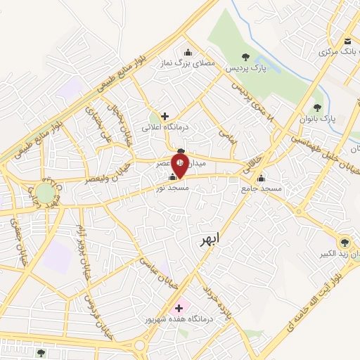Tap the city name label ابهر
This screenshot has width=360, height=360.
tap(209, 240)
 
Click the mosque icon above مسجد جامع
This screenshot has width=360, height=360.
tap(261, 178)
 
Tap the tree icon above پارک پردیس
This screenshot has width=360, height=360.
tap(245, 57)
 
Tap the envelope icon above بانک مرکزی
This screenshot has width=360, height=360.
tap(348, 40)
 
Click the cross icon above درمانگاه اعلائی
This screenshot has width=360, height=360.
tap(165, 116)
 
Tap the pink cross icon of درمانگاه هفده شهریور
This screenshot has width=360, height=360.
tap(177, 308)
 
